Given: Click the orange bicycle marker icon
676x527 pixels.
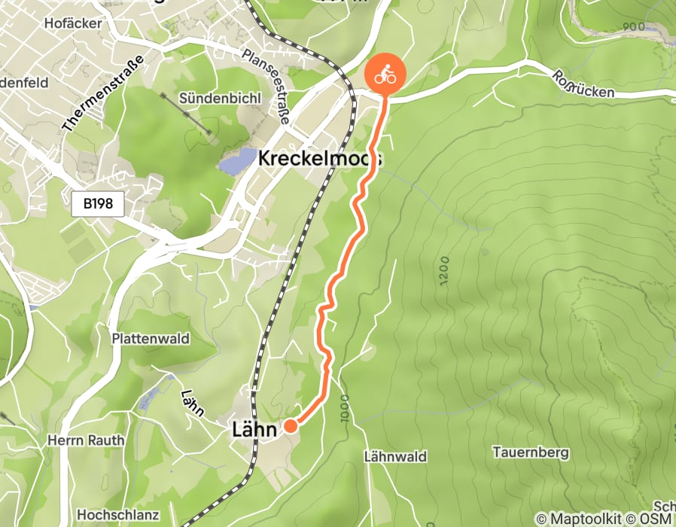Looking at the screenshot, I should click(385, 75).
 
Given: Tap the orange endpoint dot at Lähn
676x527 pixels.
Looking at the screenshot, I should click(290, 426).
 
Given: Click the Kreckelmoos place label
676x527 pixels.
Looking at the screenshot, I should click(319, 159).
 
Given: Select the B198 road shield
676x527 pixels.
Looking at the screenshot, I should click(98, 203).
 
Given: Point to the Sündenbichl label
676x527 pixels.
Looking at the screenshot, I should click(209, 99).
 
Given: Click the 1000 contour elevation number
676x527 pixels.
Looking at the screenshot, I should click(345, 407).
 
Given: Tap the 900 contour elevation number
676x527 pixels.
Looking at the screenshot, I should click(634, 27).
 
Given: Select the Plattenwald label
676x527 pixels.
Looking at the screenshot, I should click(150, 339).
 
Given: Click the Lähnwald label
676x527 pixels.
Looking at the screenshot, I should click(394, 456).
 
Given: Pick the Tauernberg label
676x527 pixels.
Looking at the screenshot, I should click(530, 452).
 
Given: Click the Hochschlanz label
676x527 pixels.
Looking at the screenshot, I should click(119, 514).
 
